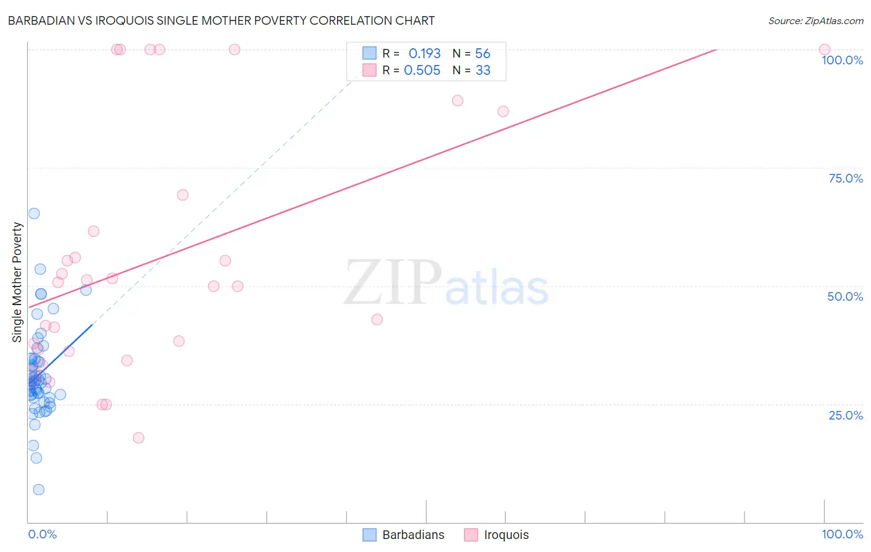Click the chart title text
(221, 20)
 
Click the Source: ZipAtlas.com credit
(815, 20)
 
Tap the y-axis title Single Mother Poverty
(17, 282)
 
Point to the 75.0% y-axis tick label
(845, 178)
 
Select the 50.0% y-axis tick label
(845, 296)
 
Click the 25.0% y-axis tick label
(845, 415)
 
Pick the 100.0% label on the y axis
(842, 60)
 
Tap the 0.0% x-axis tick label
(42, 534)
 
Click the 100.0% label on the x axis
(842, 534)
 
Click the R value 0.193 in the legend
(424, 54)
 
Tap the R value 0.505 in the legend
(422, 71)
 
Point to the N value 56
(483, 54)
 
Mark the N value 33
(483, 71)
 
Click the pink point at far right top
(824, 50)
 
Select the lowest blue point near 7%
(38, 489)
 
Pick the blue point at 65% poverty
(34, 213)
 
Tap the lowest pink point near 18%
(138, 438)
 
